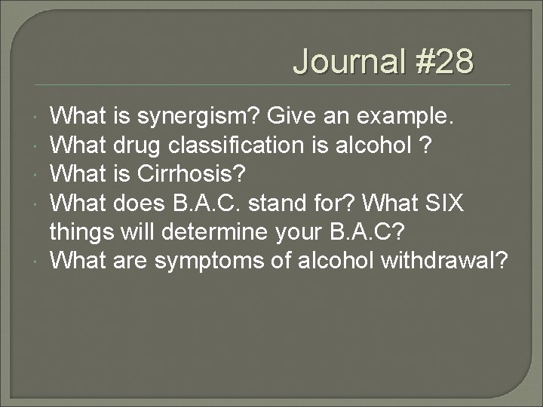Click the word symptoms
(x=210, y=261)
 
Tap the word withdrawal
(x=446, y=261)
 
